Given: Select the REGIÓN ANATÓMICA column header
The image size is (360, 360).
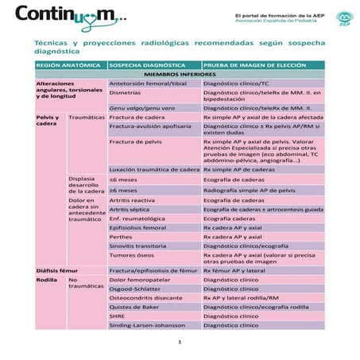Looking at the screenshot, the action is [x=68, y=64].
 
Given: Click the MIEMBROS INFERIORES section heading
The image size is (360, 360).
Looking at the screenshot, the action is [x=180, y=73].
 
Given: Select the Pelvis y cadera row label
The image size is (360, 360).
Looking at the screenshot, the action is [x=48, y=120].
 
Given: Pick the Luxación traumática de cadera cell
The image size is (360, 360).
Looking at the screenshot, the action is [x=154, y=170].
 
